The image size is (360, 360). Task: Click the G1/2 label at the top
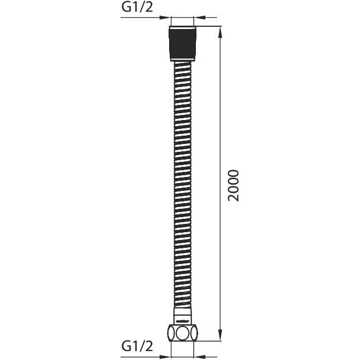tap(137, 7)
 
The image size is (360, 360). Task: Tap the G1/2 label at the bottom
tap(137, 346)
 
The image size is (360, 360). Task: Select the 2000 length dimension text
tap(233, 185)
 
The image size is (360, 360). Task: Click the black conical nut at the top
tap(183, 44)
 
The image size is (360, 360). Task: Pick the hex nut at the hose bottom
tap(183, 333)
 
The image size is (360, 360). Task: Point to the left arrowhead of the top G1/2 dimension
tap(165, 17)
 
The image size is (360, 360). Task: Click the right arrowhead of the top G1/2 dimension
tap(200, 17)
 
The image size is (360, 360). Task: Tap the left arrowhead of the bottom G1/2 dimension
tap(165, 357)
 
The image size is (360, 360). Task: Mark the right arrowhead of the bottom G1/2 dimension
tap(200, 357)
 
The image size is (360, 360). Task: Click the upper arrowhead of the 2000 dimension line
tap(220, 32)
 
